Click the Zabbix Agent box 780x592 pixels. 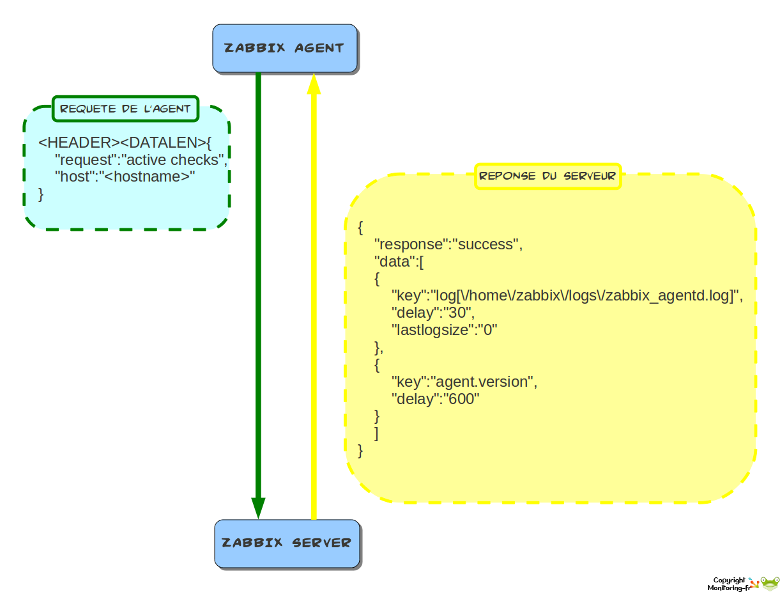[284, 48]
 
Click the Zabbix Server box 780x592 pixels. [287, 543]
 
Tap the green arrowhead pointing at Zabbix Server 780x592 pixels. [258, 508]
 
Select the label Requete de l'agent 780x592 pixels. [125, 109]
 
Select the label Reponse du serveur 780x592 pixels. [547, 176]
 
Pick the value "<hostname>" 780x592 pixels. [147, 177]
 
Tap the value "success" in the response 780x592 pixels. [486, 245]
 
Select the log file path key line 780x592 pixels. [567, 296]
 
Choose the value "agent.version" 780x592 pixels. [483, 382]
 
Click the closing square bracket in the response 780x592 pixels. [376, 433]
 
